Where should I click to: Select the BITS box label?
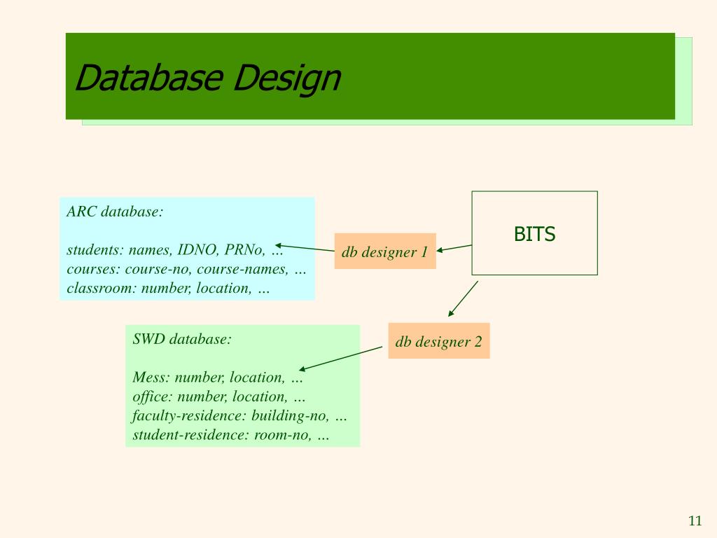[x=534, y=234]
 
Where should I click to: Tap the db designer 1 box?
[x=385, y=251]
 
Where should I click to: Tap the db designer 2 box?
[x=439, y=341]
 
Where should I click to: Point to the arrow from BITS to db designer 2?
[x=463, y=298]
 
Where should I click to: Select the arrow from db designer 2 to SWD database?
[x=340, y=358]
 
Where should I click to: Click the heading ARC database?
[x=115, y=212]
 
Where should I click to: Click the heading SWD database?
[x=182, y=339]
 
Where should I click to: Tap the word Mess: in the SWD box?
[x=151, y=378]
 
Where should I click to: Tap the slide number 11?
[x=695, y=520]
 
